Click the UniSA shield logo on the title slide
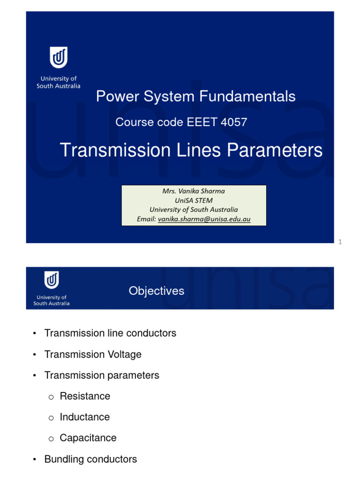point(59,58)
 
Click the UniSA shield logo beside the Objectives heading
point(52,280)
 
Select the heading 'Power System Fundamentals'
point(195,97)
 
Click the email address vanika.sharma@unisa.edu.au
point(204,219)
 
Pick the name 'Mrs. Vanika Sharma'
point(194,191)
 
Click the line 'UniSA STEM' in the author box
point(194,201)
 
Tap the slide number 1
point(340,242)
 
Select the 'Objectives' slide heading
point(157,291)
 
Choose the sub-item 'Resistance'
point(85,396)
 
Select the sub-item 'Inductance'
point(84,417)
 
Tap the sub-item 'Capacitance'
point(88,438)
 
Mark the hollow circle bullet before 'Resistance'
point(51,397)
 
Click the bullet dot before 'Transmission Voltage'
point(34,355)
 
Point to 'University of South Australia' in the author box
point(194,210)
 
